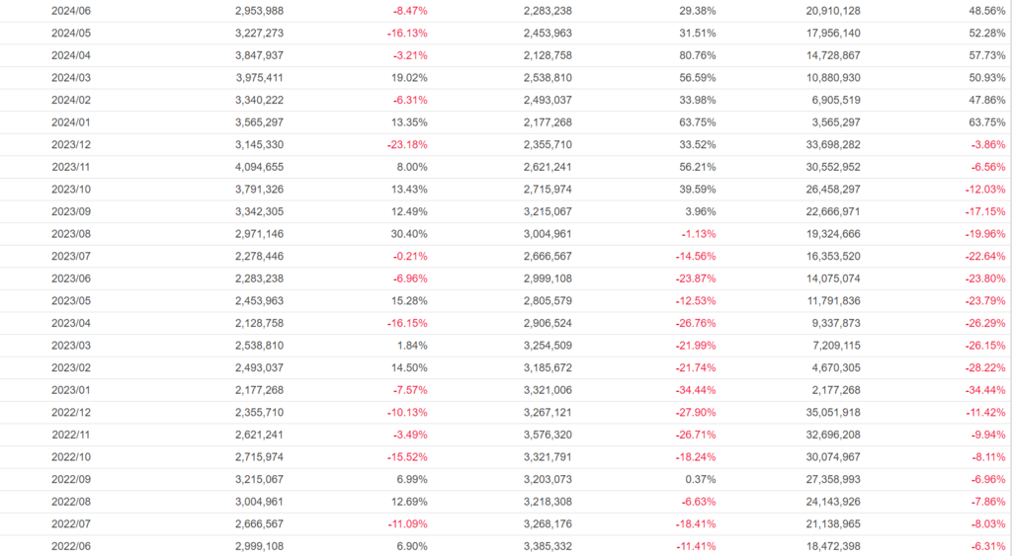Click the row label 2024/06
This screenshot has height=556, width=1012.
tap(71, 10)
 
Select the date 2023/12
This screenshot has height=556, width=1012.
tap(71, 144)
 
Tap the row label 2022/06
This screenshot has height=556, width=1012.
tap(71, 546)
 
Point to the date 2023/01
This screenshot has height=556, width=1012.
tap(71, 390)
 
